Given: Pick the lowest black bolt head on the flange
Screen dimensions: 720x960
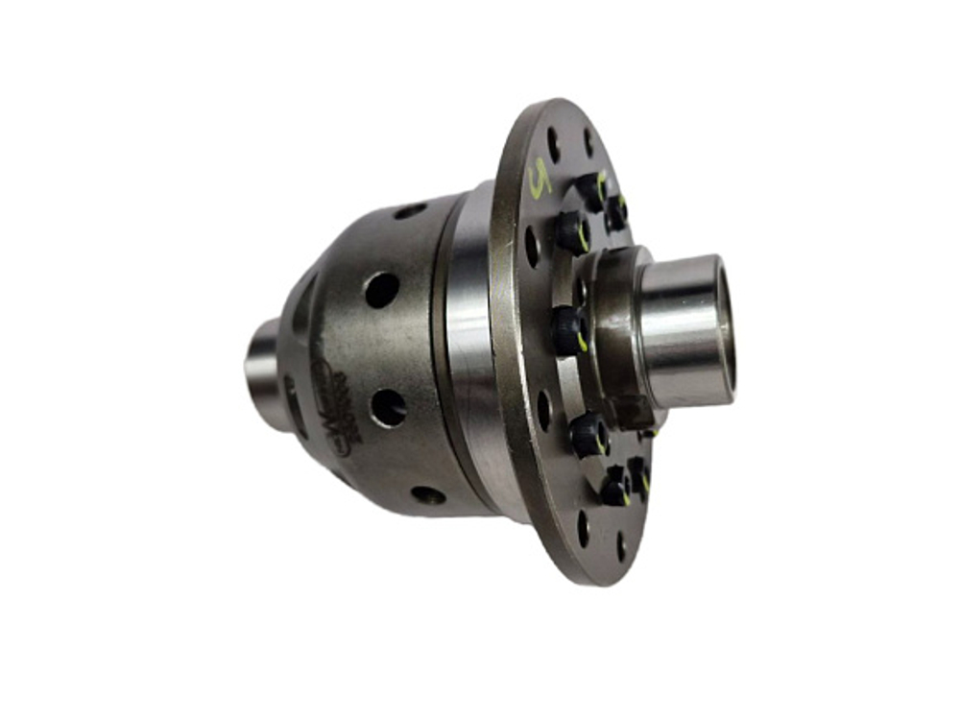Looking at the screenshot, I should [x=614, y=491].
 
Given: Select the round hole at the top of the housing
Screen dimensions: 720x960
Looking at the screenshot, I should [x=410, y=210].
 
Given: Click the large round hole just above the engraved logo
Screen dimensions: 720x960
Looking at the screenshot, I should [x=381, y=289].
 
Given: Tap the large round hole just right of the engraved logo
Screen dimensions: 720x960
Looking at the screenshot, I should [x=388, y=407].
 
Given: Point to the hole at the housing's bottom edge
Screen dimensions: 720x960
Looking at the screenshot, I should [x=428, y=495].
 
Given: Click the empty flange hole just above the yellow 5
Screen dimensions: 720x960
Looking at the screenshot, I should [x=553, y=143].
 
